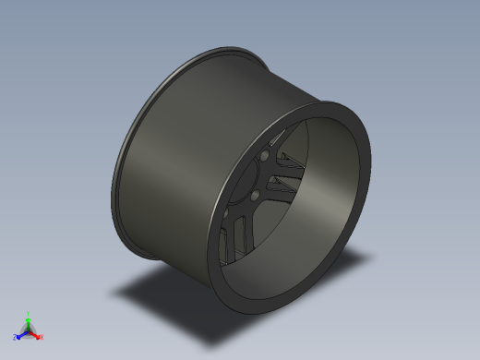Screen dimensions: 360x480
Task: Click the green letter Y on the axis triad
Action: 29,314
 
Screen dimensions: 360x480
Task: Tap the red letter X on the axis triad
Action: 42,338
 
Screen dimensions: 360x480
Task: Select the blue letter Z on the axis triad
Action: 16,337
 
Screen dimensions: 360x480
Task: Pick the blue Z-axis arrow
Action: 21,334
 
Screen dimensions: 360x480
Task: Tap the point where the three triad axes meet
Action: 29,330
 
